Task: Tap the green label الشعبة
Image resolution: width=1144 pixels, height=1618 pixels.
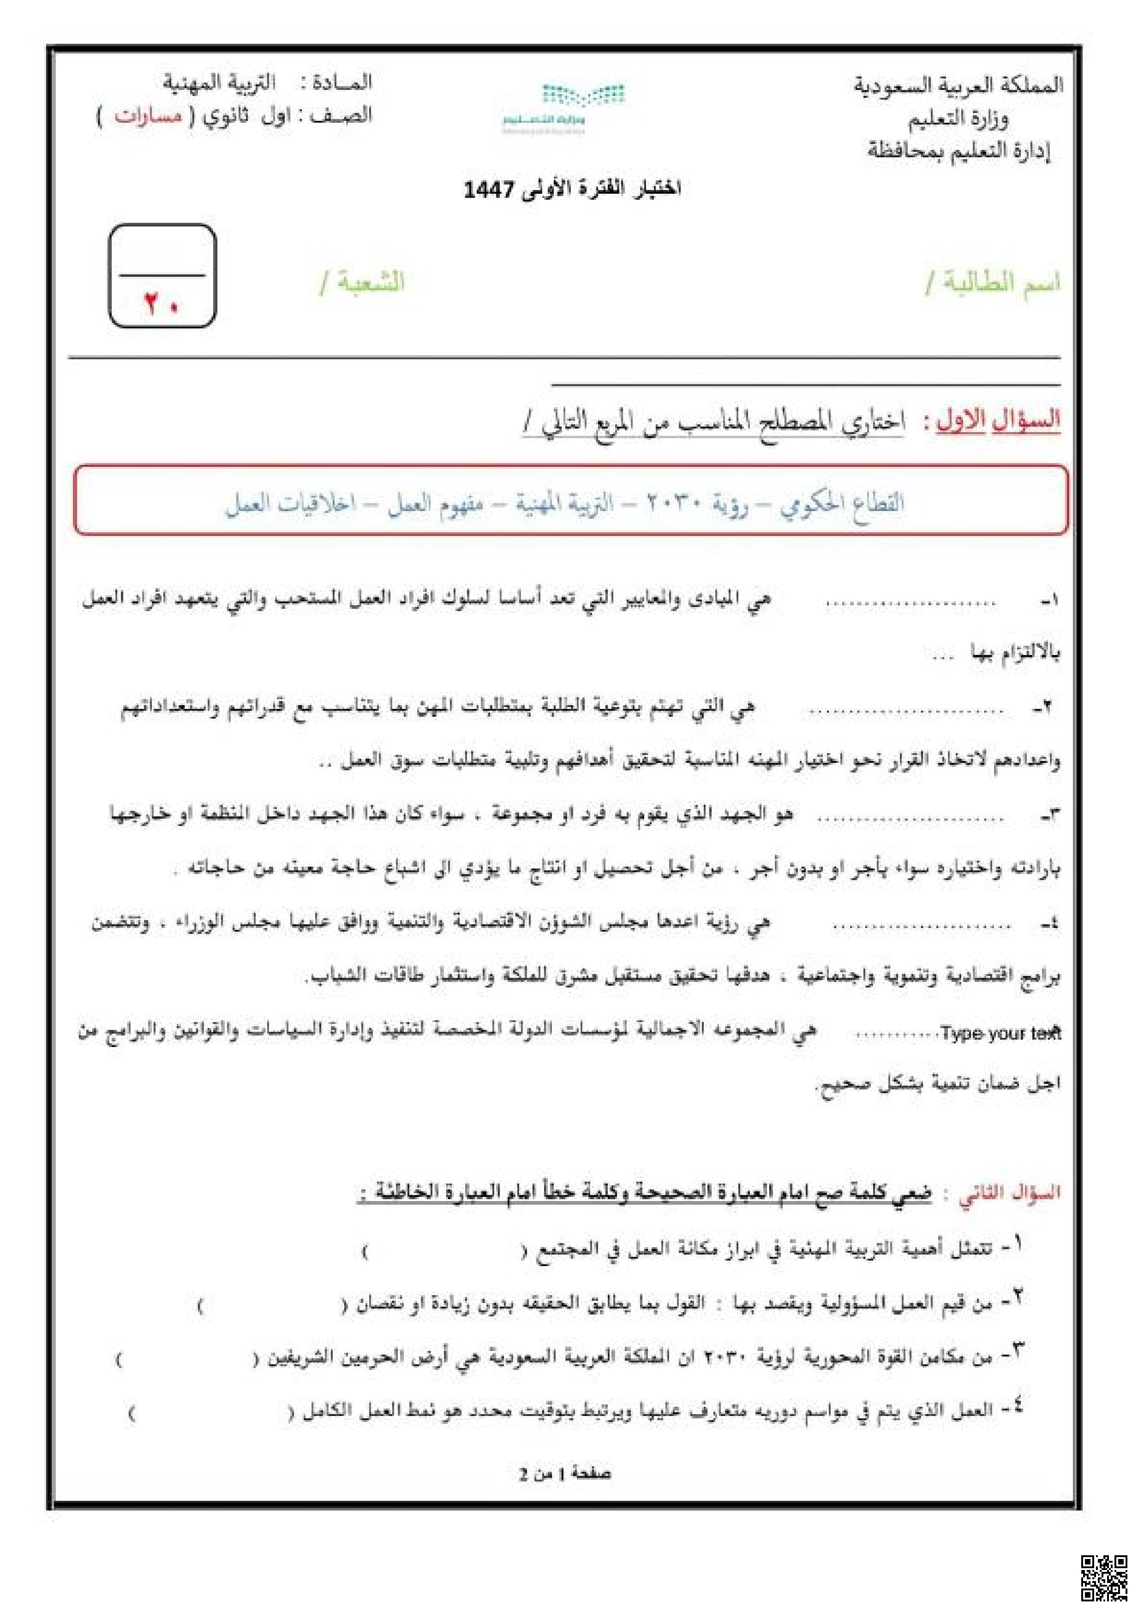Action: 364,283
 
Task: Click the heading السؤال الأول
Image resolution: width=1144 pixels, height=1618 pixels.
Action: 998,421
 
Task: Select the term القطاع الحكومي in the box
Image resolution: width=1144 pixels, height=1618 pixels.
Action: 842,503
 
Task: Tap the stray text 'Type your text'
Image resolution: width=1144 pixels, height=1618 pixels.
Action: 1000,1033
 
